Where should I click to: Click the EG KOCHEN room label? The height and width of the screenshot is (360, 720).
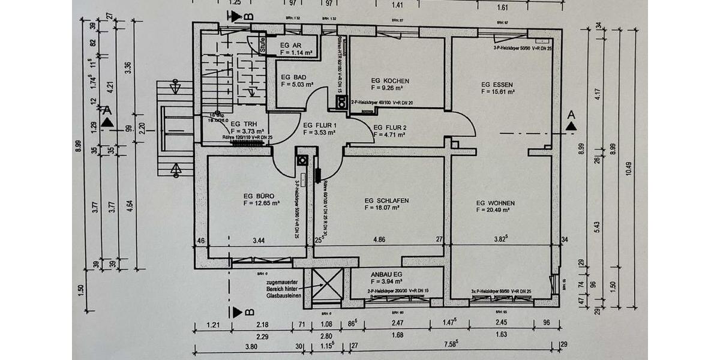pos(390,80)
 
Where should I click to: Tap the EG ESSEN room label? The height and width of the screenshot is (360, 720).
pos(498,85)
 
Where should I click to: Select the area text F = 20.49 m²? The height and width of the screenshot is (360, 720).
pos(493,211)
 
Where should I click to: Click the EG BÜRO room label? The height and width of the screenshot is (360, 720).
pos(259,196)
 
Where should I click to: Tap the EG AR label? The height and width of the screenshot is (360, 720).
pos(290,45)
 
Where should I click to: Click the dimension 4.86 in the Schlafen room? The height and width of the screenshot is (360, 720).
pos(380,240)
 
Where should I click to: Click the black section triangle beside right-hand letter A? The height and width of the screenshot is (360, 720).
pos(571,126)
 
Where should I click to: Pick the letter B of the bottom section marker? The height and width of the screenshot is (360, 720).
pos(248,312)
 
